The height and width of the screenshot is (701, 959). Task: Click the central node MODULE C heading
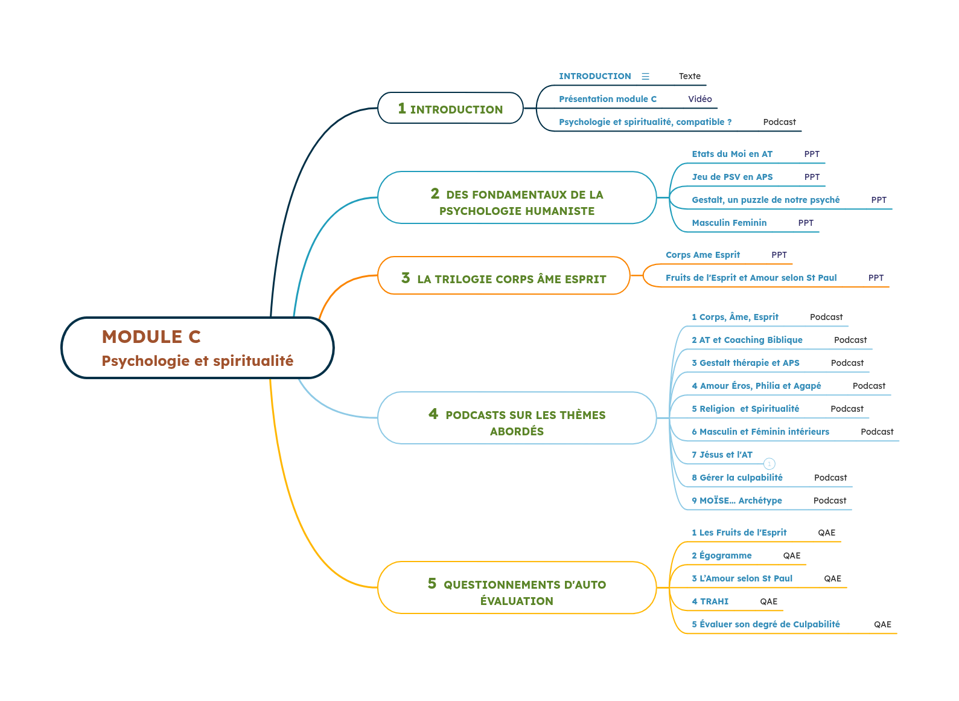tap(151, 336)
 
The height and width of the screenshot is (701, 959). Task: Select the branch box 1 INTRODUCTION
tap(450, 109)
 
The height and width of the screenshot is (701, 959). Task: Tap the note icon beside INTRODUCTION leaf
tap(645, 76)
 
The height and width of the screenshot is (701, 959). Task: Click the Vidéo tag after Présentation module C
tap(699, 99)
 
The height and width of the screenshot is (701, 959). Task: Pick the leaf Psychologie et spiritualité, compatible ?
tap(645, 122)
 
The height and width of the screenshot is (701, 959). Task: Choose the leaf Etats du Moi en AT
tap(731, 154)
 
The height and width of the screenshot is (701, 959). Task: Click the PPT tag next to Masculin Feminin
tap(805, 223)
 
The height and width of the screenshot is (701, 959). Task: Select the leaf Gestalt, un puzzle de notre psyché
tap(765, 200)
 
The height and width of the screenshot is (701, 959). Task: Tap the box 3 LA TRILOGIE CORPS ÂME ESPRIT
tap(503, 278)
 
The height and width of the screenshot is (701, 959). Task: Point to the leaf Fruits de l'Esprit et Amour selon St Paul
tap(751, 278)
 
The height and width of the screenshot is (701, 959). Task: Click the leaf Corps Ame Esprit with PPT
tap(703, 255)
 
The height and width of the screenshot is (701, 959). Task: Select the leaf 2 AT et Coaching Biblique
tap(747, 340)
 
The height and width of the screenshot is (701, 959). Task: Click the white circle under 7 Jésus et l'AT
tap(769, 464)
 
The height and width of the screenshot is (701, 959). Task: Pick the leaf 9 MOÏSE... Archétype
tap(736, 501)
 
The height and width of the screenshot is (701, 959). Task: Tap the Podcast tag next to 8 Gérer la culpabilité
tap(830, 478)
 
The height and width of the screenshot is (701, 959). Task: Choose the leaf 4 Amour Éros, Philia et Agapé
tap(756, 386)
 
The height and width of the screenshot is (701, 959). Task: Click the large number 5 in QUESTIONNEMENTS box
tap(432, 583)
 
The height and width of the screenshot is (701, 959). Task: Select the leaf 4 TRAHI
tap(710, 601)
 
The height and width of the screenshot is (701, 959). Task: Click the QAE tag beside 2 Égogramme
tap(791, 555)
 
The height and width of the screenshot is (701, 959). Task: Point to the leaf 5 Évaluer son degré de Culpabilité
tap(765, 624)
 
